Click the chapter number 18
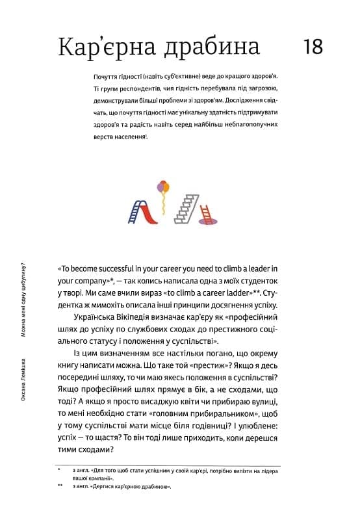(x=313, y=47)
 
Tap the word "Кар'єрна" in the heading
(x=102, y=47)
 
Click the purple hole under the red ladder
(x=207, y=222)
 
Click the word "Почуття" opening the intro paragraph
(x=107, y=77)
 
